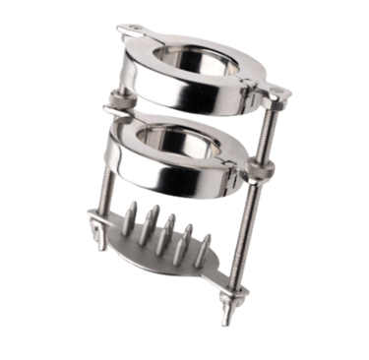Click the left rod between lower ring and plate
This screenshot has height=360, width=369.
coord(110,197)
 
